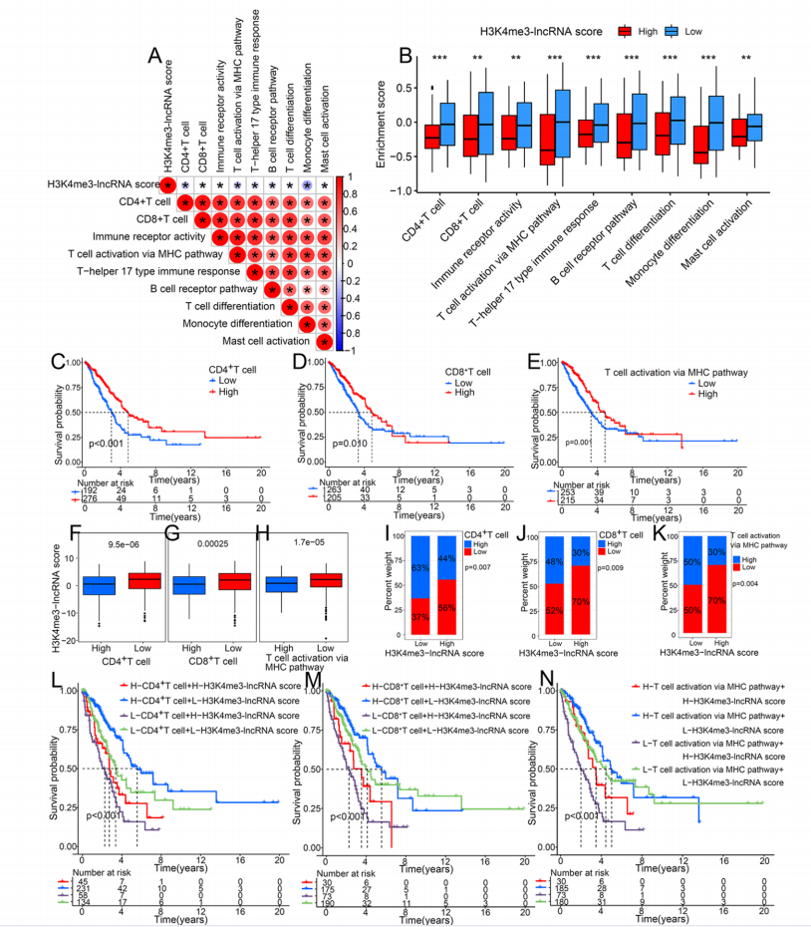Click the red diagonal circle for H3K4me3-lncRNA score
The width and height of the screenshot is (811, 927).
pos(169,185)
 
